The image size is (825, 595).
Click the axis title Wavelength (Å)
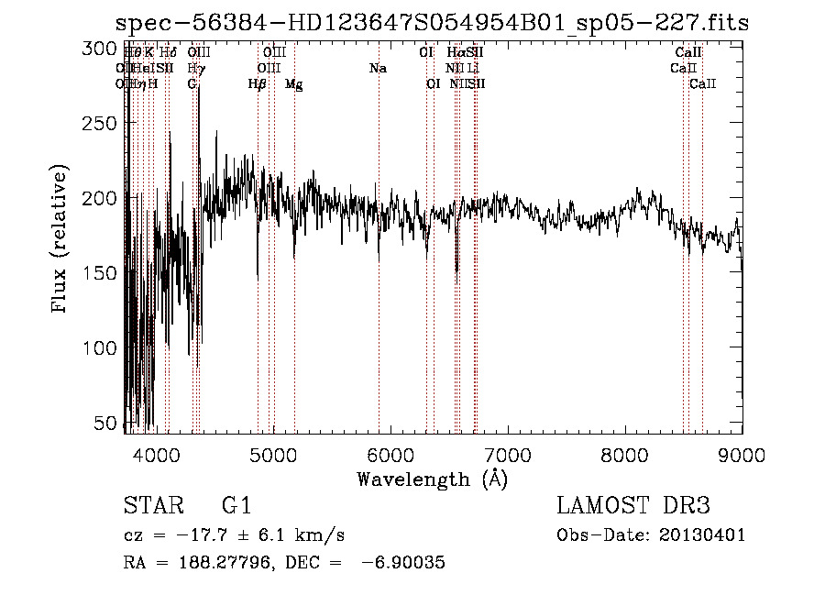click(x=432, y=479)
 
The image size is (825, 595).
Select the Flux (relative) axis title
click(x=60, y=240)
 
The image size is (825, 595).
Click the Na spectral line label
click(x=378, y=69)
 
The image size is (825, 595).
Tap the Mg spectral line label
click(x=293, y=84)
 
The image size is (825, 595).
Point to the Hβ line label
click(x=258, y=84)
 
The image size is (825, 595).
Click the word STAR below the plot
click(x=147, y=506)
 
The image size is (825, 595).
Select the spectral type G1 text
click(x=236, y=506)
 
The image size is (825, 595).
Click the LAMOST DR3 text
click(x=633, y=506)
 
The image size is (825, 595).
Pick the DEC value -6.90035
click(x=403, y=563)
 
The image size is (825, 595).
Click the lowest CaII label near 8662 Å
click(x=702, y=84)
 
